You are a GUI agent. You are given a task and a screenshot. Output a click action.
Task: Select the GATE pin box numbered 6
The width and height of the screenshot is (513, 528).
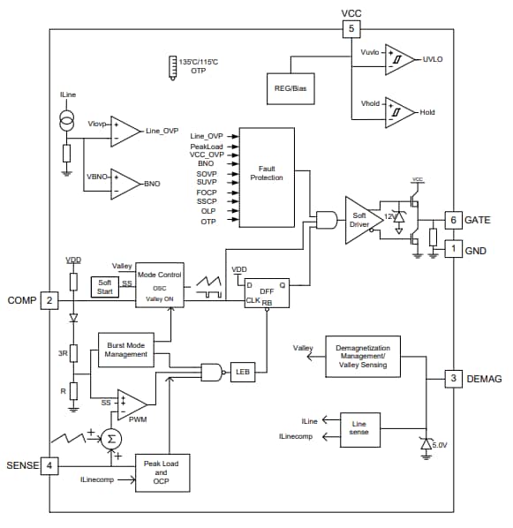point(452,220)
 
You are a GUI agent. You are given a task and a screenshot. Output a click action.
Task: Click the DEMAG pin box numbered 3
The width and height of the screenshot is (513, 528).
point(452,379)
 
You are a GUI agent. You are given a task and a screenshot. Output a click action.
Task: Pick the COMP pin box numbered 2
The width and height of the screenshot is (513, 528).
point(49,300)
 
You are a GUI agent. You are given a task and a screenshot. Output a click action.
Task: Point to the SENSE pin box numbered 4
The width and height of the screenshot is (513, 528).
point(49,464)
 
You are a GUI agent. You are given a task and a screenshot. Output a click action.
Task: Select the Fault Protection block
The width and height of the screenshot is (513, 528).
point(267,177)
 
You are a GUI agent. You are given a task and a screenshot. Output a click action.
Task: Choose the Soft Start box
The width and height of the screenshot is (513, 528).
point(104,287)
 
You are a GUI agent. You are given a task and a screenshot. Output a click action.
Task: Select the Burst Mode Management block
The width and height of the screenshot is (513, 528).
point(125,351)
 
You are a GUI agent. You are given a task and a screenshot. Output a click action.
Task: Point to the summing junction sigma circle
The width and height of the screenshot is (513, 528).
point(110,439)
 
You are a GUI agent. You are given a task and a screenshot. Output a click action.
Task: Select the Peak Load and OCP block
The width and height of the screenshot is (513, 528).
point(161,471)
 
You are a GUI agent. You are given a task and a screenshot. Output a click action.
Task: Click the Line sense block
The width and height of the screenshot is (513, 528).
point(358,429)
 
